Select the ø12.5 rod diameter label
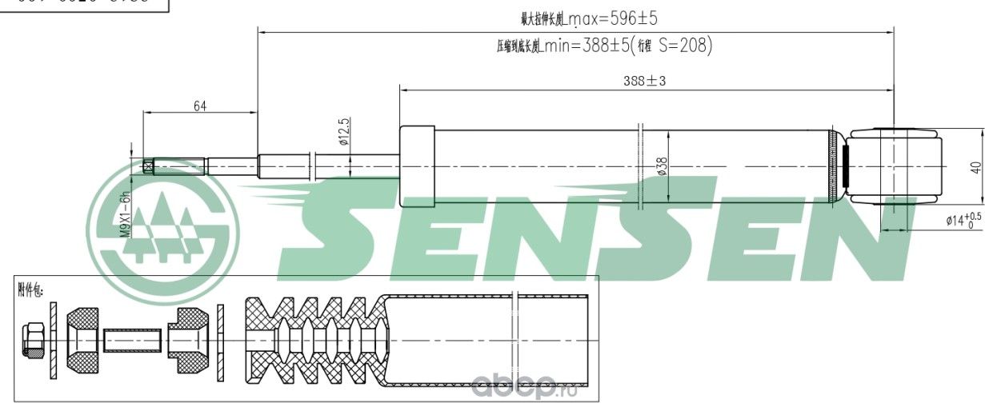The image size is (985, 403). coord(345,133)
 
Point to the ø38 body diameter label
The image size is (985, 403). coord(662,166)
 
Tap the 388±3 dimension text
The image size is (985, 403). coord(645,81)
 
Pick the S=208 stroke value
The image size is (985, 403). coord(685,46)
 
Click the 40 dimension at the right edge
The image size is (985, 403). coord(974,167)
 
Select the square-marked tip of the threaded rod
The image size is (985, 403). coord(149,166)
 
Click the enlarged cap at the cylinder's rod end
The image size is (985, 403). coord(416,166)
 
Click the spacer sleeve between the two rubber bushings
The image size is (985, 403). coord(133,340)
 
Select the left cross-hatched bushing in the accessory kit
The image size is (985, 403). coord(82,339)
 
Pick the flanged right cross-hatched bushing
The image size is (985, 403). coord(190,339)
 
